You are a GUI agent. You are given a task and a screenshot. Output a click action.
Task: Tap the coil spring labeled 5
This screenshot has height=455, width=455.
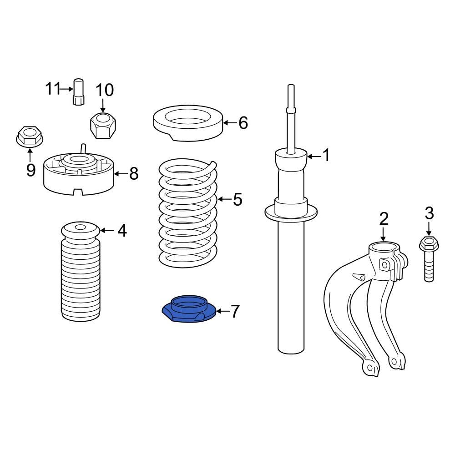[x=188, y=213]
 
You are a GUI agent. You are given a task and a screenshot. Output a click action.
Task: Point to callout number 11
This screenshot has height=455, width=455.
[x=53, y=88]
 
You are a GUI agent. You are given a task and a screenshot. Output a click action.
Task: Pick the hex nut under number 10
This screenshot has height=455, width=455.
[x=103, y=126]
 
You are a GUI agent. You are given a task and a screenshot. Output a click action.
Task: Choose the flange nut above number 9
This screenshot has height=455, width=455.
[x=29, y=136]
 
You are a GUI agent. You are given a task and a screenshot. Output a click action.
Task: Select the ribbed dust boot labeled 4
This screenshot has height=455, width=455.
[x=81, y=271]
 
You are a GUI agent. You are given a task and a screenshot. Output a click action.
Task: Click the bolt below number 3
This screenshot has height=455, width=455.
[x=429, y=259]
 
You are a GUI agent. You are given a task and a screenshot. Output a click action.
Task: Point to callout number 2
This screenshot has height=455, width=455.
[x=384, y=219]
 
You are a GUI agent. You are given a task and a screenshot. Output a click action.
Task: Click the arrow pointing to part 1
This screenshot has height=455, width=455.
[x=314, y=157]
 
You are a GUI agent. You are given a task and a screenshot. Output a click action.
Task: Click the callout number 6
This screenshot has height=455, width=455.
[x=243, y=123]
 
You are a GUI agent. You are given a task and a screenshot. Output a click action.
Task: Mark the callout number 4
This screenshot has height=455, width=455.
[x=122, y=231]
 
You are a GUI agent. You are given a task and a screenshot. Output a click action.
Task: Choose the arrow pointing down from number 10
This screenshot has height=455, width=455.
[x=103, y=106]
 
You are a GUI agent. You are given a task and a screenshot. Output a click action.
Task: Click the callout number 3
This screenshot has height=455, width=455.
[x=429, y=213]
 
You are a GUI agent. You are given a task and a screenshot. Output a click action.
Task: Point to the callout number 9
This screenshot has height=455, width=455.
[x=31, y=170]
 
